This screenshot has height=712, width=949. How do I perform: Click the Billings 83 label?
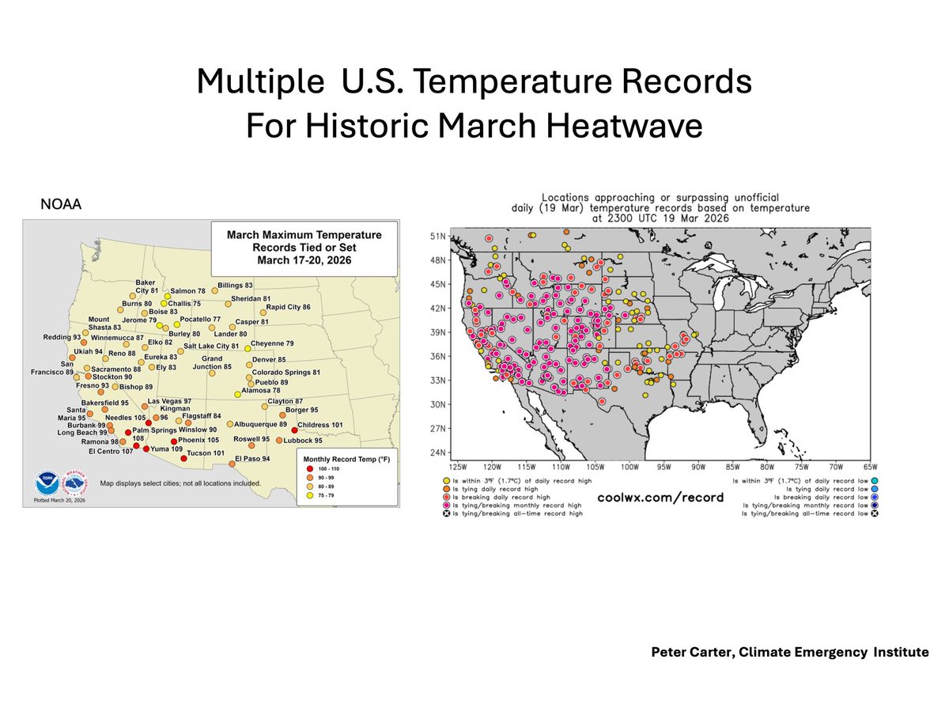point(236,285)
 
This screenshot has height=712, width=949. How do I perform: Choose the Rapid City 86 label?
point(289,307)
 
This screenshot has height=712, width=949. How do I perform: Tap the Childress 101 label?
point(321,425)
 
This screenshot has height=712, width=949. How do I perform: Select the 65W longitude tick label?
point(871,466)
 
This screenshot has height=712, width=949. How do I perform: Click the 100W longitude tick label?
point(630,466)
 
